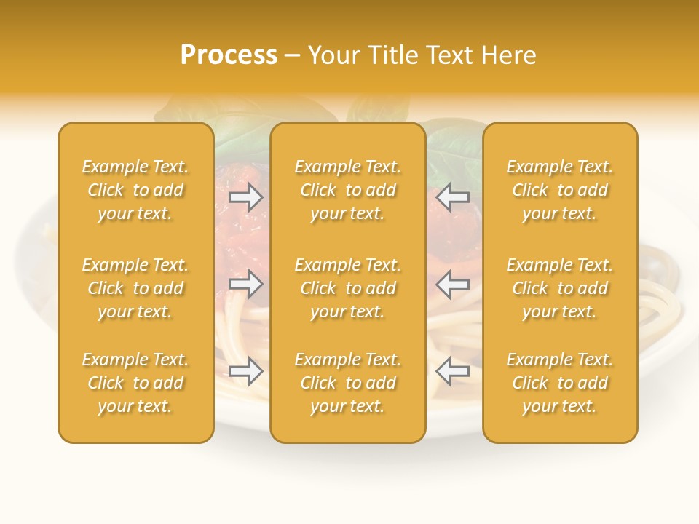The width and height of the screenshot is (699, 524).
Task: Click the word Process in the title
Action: click(x=229, y=55)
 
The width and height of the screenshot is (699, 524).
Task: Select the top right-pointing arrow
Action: click(x=246, y=196)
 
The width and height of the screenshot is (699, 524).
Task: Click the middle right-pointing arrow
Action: click(x=246, y=284)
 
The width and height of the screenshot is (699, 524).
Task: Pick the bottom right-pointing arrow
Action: click(x=246, y=372)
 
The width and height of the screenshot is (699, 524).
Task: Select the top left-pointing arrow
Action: click(x=453, y=196)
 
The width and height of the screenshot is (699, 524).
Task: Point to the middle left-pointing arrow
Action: click(x=453, y=284)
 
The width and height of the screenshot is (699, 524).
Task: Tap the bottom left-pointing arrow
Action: click(x=453, y=372)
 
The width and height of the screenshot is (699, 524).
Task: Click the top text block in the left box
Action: click(x=135, y=190)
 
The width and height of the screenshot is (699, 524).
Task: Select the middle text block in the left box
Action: click(x=135, y=288)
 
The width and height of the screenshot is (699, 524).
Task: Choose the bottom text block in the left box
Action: click(x=135, y=383)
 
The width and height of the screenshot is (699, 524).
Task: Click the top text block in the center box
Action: click(x=348, y=190)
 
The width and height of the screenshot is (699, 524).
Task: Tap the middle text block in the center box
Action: click(x=348, y=288)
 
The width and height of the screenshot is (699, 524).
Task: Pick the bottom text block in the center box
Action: click(x=348, y=383)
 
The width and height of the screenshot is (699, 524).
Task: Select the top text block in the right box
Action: click(x=560, y=190)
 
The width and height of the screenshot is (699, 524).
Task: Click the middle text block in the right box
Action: click(x=560, y=288)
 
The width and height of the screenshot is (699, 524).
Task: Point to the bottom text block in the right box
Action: click(x=560, y=383)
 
